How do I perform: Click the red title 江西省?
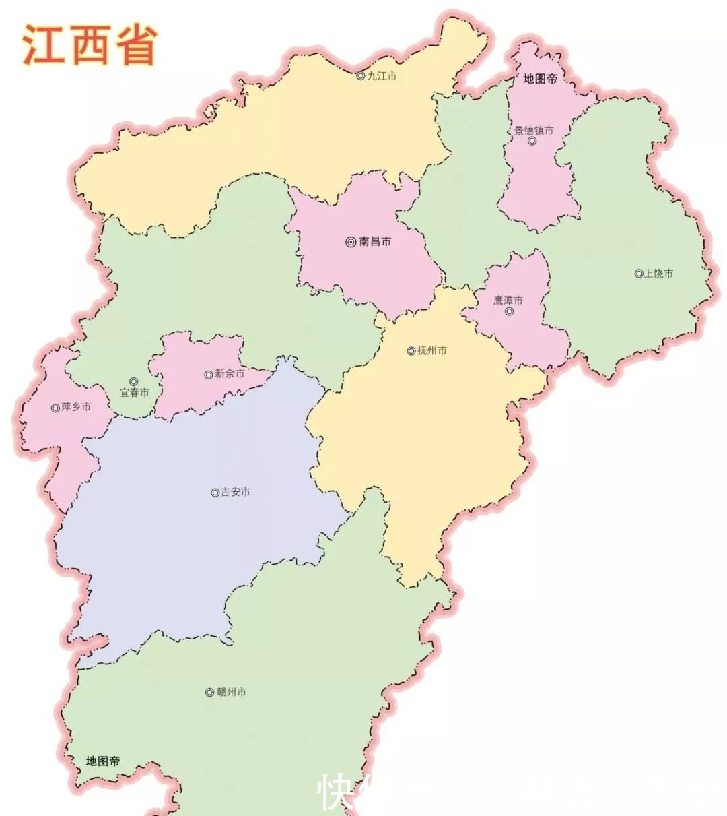click(90, 44)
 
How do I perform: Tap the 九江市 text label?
click(382, 76)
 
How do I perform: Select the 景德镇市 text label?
click(534, 130)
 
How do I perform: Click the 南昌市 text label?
click(375, 241)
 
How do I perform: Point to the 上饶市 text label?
click(658, 274)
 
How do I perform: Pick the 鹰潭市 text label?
click(508, 301)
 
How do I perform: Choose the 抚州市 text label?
click(432, 350)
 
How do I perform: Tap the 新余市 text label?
click(230, 374)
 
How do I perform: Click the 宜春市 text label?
click(135, 393)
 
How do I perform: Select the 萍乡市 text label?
click(76, 407)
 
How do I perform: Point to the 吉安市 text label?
click(235, 493)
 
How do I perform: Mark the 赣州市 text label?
click(231, 692)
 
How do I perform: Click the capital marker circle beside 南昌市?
click(351, 242)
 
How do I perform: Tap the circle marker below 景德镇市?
click(532, 142)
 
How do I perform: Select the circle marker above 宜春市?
click(133, 381)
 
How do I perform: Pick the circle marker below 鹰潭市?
click(509, 311)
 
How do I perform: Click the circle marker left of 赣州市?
click(209, 692)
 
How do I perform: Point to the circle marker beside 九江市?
click(360, 76)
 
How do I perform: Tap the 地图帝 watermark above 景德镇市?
click(540, 79)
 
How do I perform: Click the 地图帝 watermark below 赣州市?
click(103, 761)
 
